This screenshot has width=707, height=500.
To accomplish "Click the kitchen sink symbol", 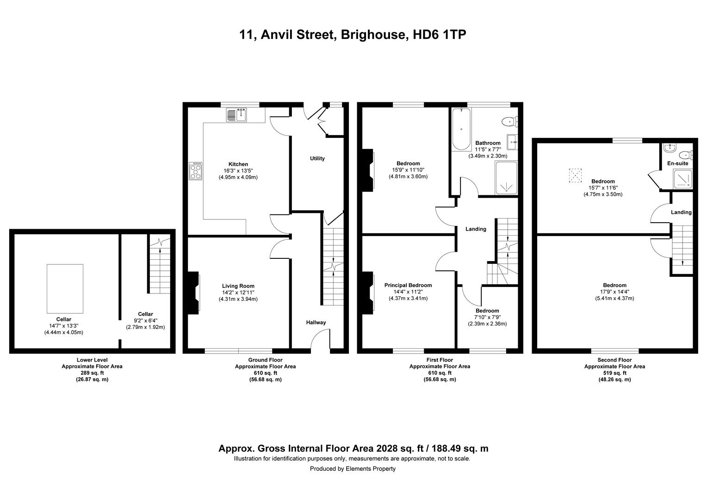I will click(237, 114).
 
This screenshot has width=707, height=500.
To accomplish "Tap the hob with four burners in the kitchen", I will click(196, 170).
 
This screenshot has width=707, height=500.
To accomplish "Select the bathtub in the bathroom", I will click(461, 129).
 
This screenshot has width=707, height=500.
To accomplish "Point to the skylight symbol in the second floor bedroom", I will click(575, 175).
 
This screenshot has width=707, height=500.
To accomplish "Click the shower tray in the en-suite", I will click(682, 179).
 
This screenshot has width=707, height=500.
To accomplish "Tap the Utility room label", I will click(317, 158).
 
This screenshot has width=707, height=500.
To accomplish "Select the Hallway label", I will click(316, 323).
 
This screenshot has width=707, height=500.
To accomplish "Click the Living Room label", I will click(238, 286).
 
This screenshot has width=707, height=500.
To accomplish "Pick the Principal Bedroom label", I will click(408, 285).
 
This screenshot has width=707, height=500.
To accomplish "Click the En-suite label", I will click(677, 163).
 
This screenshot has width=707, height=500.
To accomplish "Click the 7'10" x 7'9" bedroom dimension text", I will click(487, 317).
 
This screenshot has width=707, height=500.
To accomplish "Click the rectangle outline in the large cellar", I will click(65, 288).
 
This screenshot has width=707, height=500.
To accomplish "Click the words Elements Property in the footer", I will click(371, 469).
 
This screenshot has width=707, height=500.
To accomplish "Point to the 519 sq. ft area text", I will click(614, 373).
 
